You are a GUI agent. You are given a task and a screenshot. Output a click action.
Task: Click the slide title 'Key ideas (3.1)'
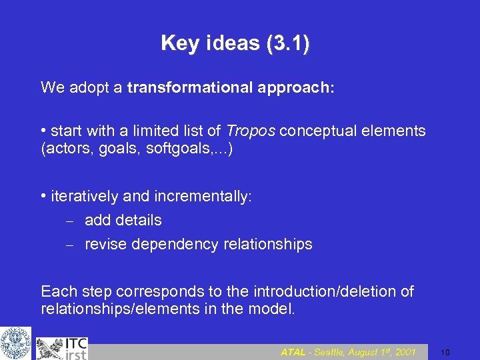(235, 44)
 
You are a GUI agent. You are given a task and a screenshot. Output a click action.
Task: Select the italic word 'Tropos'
(251, 131)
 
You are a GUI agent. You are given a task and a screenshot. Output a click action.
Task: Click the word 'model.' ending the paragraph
(273, 309)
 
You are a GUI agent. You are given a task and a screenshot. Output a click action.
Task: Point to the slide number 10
(447, 352)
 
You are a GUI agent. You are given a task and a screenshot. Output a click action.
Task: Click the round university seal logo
(15, 343)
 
